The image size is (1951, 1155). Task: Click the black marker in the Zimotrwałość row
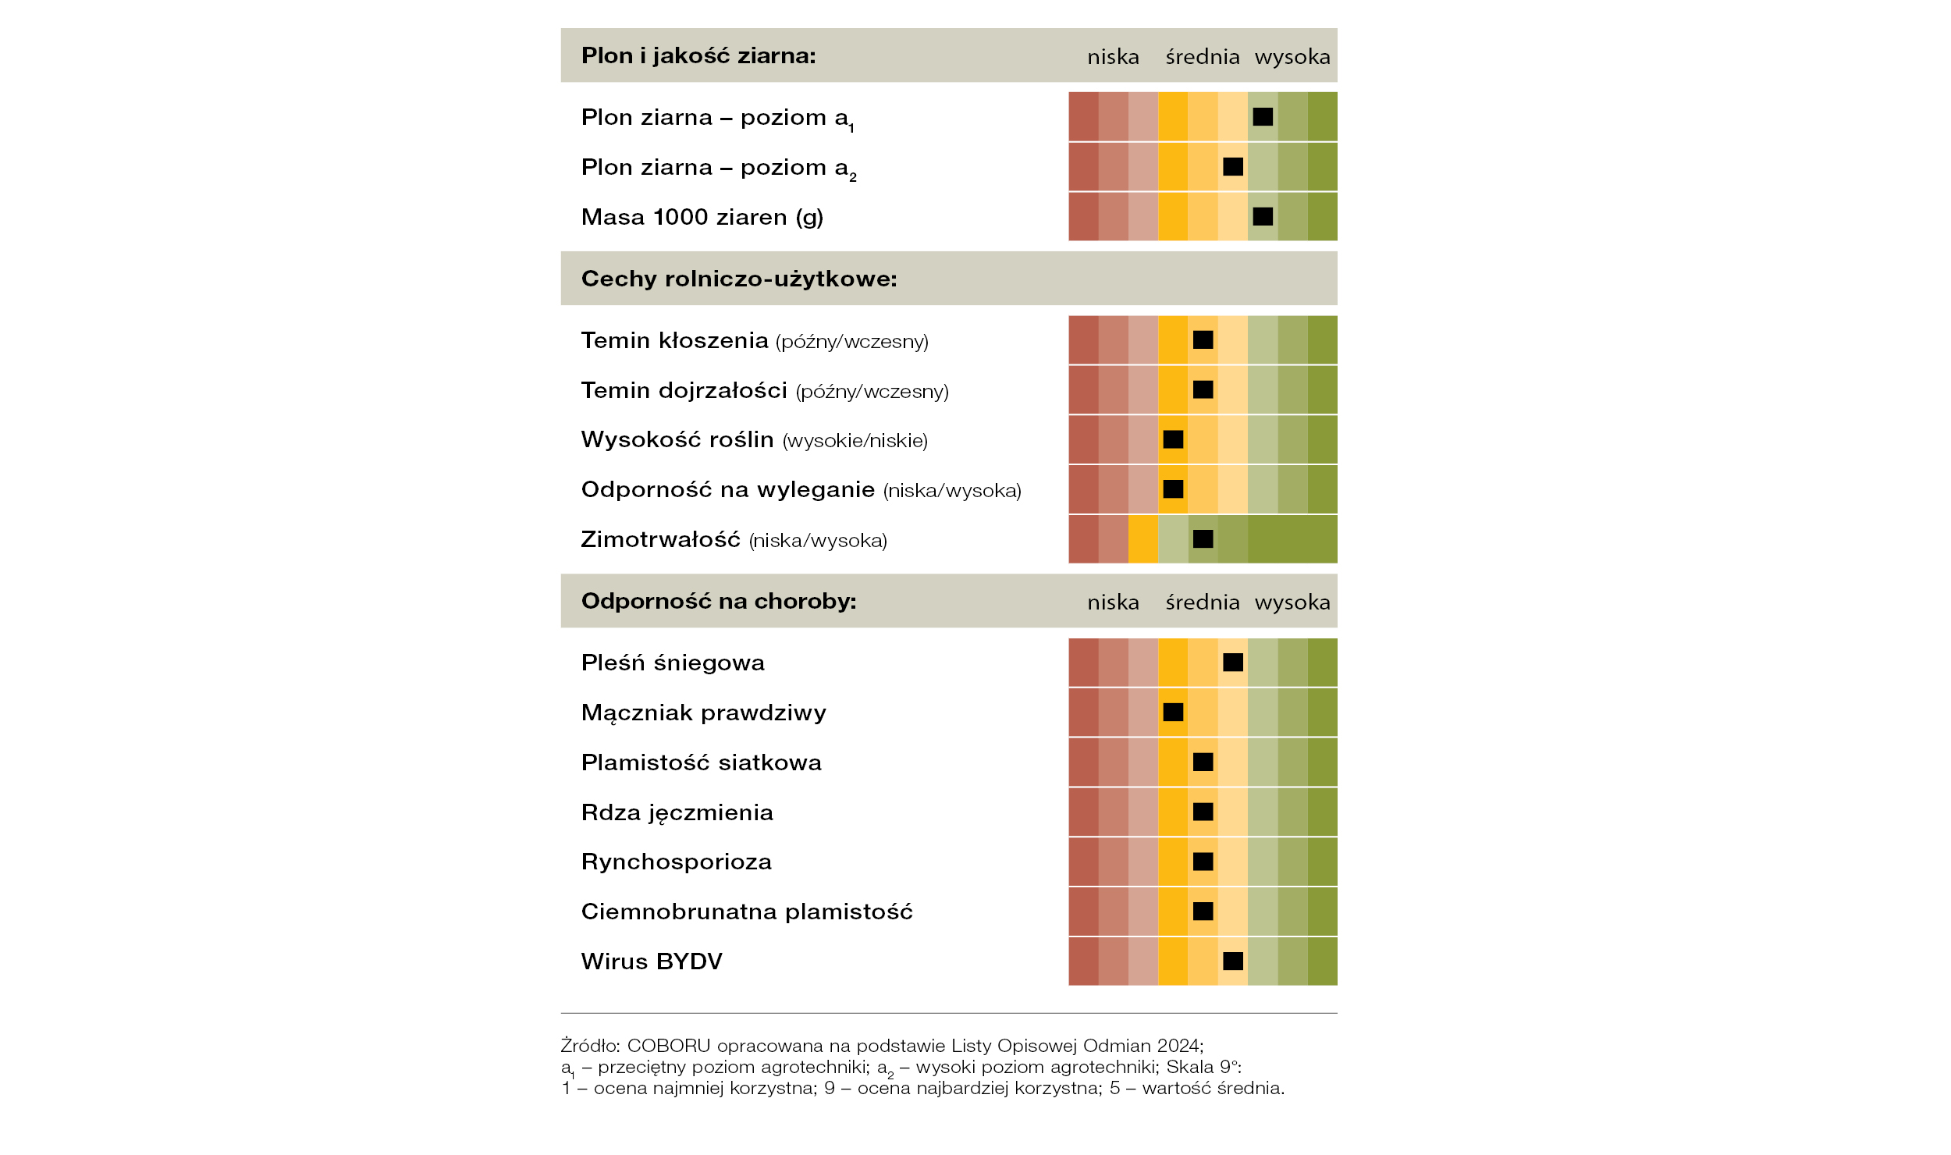1203,538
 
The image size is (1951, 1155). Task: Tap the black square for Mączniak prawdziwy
1173,712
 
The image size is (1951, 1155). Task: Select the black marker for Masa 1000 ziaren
1263,216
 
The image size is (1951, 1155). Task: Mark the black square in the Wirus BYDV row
1233,961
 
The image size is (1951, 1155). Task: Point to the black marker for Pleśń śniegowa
1233,662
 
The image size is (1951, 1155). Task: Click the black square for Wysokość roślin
1173,439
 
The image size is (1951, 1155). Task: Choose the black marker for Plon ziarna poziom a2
1233,166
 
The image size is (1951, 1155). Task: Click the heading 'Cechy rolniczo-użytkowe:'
739,279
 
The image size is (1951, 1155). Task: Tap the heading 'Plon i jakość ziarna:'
698,55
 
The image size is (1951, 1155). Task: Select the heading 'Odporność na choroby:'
719,601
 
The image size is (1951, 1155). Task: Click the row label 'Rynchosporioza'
677,862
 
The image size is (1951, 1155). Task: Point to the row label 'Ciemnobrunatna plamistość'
747,911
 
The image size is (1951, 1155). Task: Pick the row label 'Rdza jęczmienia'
677,812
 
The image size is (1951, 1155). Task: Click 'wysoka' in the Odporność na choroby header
1292,602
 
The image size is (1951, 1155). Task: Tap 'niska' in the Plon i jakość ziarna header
1113,57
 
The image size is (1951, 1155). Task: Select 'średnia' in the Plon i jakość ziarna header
1203,56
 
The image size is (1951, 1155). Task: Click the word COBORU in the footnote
669,1046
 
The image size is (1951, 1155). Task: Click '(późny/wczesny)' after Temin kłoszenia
852,342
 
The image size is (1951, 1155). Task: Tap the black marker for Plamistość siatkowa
1203,762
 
